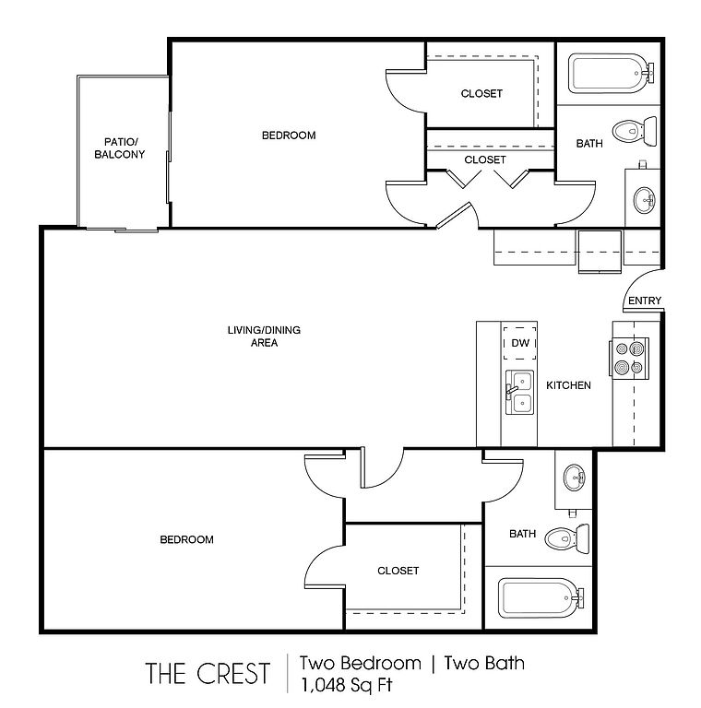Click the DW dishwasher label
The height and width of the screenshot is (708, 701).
click(519, 343)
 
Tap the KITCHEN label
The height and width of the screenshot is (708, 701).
click(568, 384)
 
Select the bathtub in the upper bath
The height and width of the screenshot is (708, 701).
click(608, 72)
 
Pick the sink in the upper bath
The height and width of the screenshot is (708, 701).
click(643, 196)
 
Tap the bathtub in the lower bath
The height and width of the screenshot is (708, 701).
click(540, 597)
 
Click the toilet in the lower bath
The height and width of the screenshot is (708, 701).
click(567, 537)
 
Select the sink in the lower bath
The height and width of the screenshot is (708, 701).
click(575, 478)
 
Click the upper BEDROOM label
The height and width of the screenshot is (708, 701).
click(289, 136)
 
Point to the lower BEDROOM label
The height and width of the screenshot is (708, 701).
click(187, 539)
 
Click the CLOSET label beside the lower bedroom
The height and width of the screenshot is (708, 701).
click(398, 571)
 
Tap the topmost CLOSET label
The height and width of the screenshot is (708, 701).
click(481, 93)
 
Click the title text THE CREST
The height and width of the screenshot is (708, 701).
click(208, 672)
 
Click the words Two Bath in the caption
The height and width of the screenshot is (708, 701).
click(484, 662)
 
